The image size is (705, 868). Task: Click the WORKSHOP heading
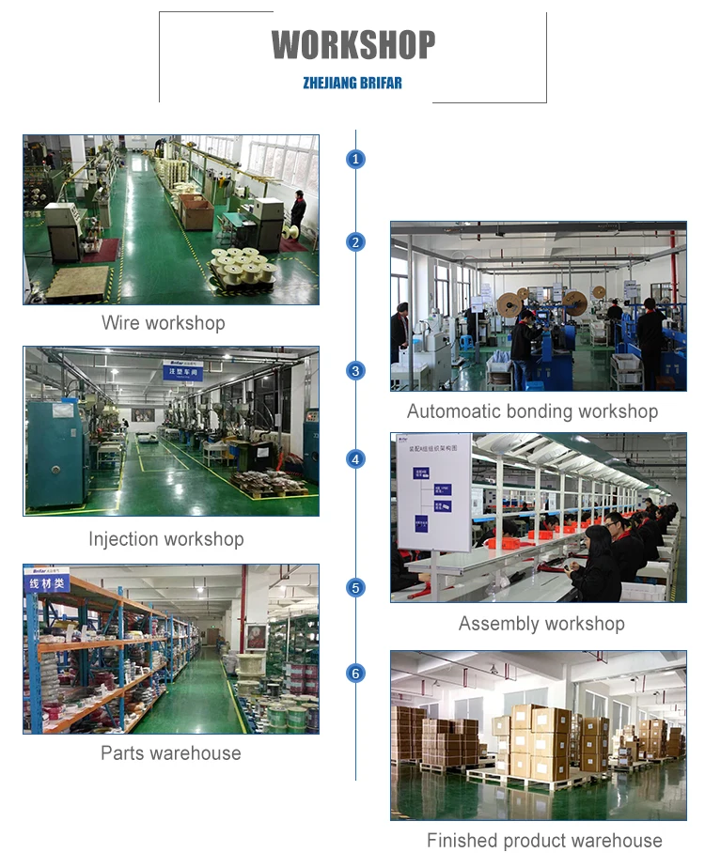[353, 45]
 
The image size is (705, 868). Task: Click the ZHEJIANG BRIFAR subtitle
[352, 83]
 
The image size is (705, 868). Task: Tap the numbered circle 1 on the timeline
[355, 159]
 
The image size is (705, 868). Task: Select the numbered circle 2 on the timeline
[355, 242]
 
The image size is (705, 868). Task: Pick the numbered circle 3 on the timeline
[355, 370]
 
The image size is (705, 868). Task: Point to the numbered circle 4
[355, 458]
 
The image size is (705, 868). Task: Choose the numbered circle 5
[355, 588]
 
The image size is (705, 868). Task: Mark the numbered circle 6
[355, 674]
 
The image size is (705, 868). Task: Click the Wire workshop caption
[164, 323]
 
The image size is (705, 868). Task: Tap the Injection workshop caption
[166, 539]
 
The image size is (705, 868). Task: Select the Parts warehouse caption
[171, 753]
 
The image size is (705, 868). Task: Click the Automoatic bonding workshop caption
[532, 411]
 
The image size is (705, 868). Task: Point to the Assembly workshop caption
[541, 624]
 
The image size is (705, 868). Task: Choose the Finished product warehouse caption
[544, 841]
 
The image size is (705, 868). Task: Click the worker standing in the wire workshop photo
[298, 211]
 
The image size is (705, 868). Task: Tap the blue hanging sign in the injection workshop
[183, 369]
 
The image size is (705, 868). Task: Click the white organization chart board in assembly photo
[433, 490]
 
